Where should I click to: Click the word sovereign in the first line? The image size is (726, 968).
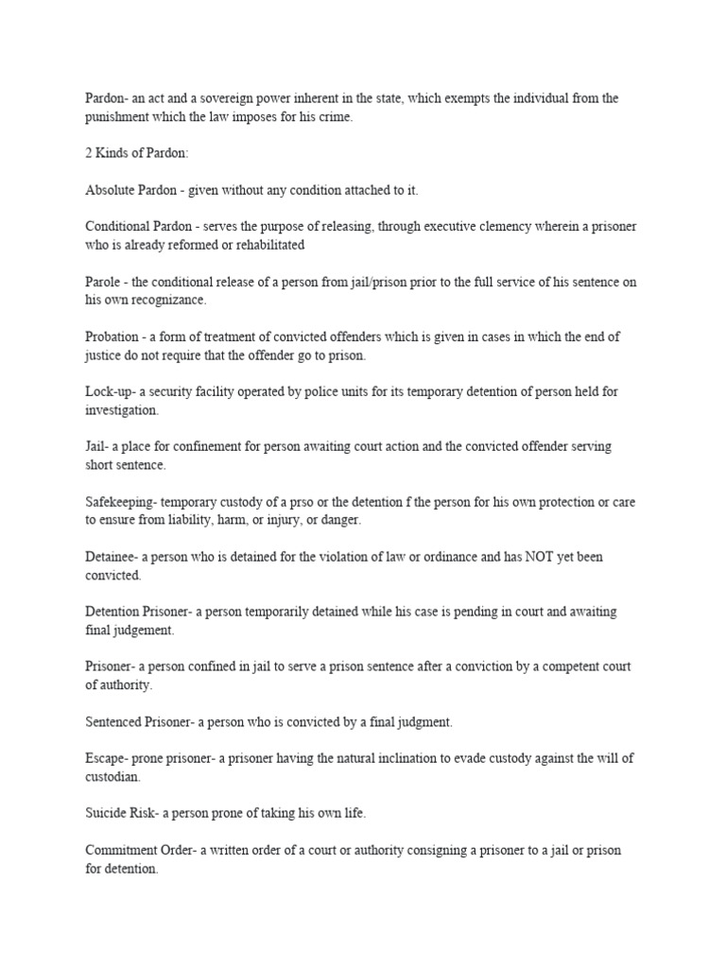click(232, 98)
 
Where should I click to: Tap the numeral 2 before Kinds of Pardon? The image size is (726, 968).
click(89, 153)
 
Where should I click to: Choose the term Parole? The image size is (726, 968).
click(103, 282)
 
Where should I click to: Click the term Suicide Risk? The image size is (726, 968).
click(120, 814)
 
